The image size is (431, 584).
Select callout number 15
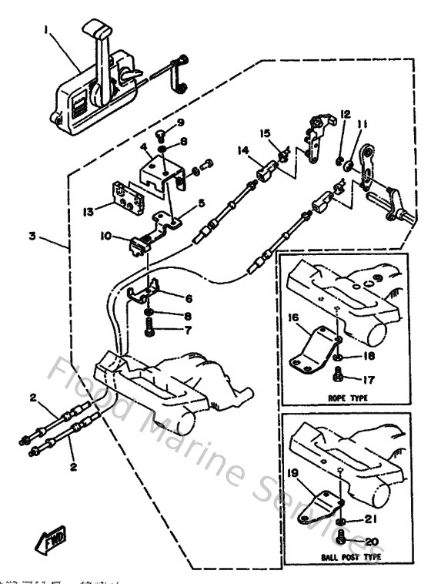(265, 133)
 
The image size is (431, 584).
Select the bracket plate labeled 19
(317, 505)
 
